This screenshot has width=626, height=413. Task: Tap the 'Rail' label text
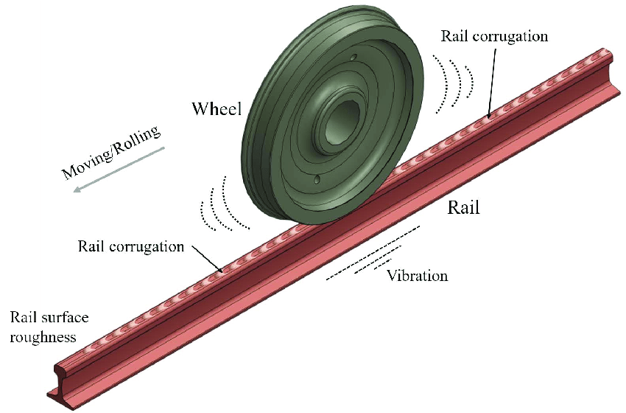tap(464, 208)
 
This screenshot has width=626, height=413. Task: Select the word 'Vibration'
tap(418, 276)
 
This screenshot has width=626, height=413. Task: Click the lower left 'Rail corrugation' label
tap(130, 246)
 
